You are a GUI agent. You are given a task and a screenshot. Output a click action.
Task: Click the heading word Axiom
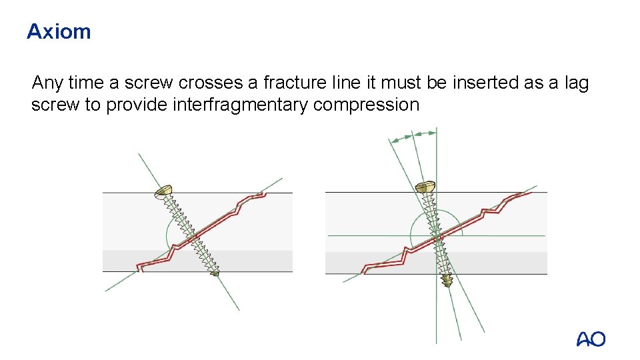pyautogui.click(x=59, y=31)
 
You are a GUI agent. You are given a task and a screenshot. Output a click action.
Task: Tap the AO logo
pyautogui.click(x=591, y=339)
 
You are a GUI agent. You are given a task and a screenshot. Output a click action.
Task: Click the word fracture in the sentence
pyautogui.click(x=288, y=83)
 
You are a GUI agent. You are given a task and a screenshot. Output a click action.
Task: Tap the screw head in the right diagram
pyautogui.click(x=425, y=188)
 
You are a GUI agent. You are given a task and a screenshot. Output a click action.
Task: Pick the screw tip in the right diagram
pyautogui.click(x=447, y=280)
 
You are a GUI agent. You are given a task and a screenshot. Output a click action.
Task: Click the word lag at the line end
pyautogui.click(x=576, y=83)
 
